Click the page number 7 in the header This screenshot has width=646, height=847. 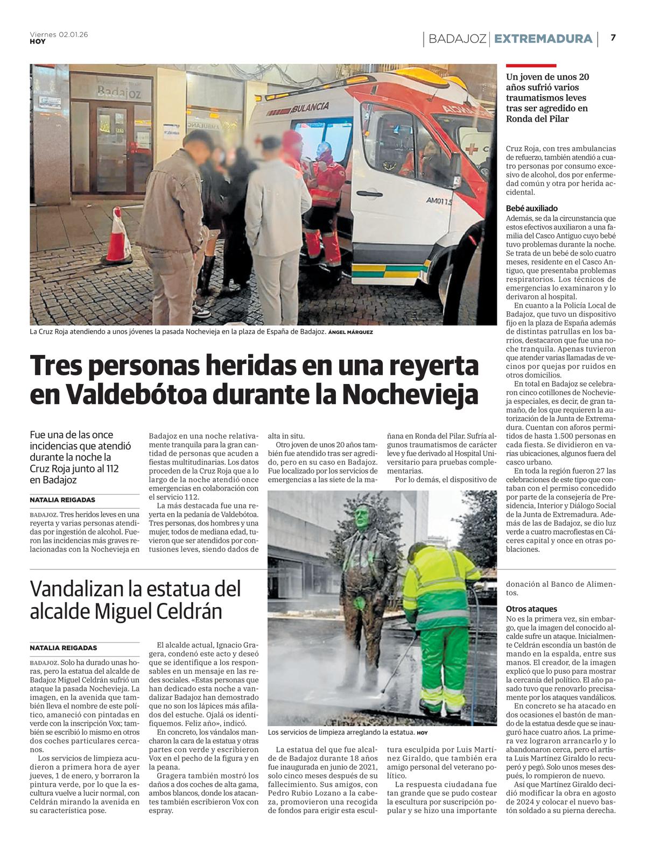(613, 38)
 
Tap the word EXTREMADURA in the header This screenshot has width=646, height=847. (543, 39)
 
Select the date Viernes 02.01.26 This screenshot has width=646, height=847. (59, 34)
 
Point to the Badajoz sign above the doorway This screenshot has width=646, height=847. (119, 92)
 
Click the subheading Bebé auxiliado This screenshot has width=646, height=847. (532, 208)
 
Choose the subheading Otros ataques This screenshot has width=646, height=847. (531, 609)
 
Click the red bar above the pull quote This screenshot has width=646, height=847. (531, 66)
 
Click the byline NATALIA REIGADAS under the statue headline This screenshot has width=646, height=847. (64, 648)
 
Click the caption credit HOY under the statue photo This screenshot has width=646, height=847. (422, 733)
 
